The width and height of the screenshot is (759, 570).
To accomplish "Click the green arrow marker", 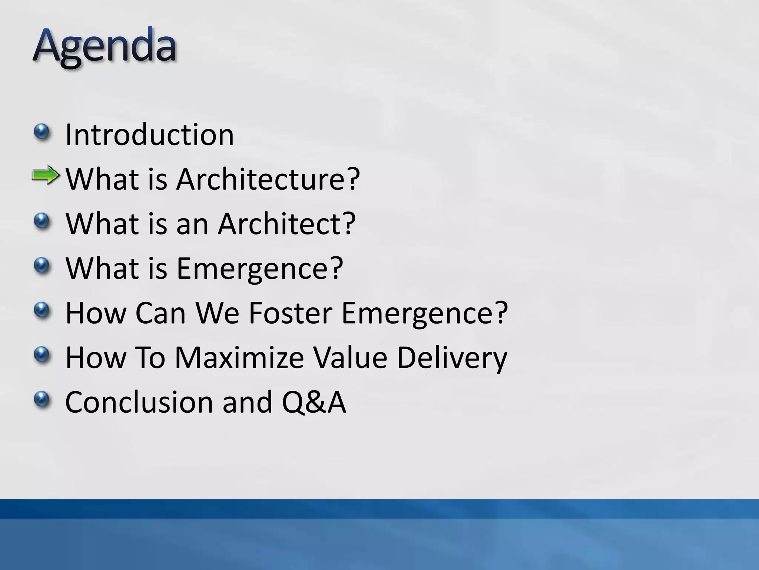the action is pyautogui.click(x=46, y=176).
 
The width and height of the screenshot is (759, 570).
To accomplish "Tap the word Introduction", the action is pyautogui.click(x=149, y=135).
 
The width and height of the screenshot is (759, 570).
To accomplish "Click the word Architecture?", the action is pyautogui.click(x=268, y=179).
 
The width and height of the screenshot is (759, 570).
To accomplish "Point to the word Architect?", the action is pyautogui.click(x=286, y=224).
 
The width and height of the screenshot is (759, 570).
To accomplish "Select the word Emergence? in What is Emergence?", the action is pyautogui.click(x=259, y=268).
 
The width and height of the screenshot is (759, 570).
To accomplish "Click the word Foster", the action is pyautogui.click(x=290, y=313).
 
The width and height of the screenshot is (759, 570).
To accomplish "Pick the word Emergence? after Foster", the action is pyautogui.click(x=424, y=313).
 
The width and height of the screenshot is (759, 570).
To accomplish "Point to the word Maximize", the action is pyautogui.click(x=239, y=357).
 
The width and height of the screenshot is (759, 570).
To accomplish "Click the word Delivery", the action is pyautogui.click(x=451, y=357).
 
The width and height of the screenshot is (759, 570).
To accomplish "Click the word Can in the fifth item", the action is pyautogui.click(x=160, y=313).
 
